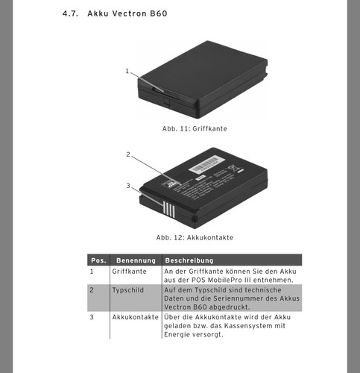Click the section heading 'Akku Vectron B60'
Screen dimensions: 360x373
(127, 13)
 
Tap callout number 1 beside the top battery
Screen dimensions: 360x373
(127, 71)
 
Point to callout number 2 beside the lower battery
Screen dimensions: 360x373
(128, 154)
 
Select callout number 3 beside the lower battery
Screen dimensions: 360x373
(128, 186)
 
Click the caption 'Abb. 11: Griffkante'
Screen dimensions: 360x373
(195, 129)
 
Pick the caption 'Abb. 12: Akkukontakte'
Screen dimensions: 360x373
(195, 237)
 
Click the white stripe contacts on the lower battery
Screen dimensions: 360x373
(169, 210)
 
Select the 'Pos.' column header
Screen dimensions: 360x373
(98, 260)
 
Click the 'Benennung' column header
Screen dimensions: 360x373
(136, 260)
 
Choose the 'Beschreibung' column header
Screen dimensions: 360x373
(189, 260)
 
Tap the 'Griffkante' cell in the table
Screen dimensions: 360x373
(129, 272)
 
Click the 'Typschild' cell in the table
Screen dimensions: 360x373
(128, 290)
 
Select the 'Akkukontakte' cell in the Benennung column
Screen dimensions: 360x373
(135, 317)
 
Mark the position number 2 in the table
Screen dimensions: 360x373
(92, 290)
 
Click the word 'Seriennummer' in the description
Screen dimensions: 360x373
(239, 298)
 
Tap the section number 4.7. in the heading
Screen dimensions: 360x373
(70, 13)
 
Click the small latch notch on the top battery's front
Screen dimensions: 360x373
(166, 102)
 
